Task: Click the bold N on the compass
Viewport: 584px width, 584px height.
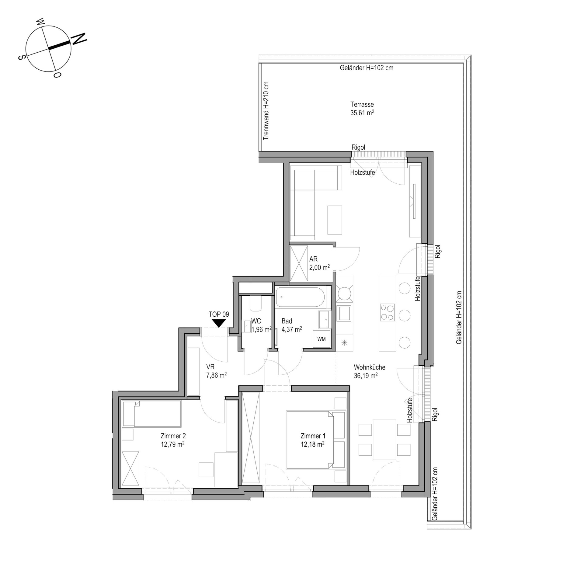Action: [79, 39]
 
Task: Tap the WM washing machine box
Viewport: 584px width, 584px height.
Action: [322, 339]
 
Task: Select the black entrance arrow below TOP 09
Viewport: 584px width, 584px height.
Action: [218, 323]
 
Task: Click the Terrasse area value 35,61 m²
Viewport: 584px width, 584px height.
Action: [362, 113]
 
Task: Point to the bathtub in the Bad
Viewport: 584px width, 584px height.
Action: [300, 297]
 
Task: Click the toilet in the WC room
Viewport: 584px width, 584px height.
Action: [255, 303]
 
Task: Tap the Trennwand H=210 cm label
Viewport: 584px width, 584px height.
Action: [266, 111]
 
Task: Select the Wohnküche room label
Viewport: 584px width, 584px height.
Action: [370, 367]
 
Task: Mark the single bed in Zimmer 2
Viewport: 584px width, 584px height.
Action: [151, 414]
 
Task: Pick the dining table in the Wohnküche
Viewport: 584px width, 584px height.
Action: [384, 440]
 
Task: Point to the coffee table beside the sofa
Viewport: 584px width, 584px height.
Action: [335, 220]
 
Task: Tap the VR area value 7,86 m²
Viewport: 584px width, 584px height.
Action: [216, 375]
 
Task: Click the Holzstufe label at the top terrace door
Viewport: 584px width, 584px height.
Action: [363, 172]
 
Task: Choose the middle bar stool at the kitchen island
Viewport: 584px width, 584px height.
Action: [405, 315]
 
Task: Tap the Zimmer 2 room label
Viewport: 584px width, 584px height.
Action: [173, 436]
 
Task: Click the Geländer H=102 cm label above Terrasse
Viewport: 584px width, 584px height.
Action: [367, 68]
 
